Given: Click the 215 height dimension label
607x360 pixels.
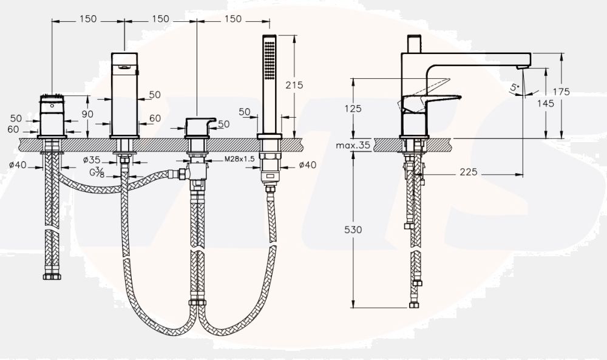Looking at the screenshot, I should click(294, 86).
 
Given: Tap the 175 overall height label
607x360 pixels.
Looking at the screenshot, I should click(561, 92).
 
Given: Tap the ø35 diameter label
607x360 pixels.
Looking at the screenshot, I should click(92, 160).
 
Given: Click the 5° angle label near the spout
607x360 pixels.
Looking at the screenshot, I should click(515, 88).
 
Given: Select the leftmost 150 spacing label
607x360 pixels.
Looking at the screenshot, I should click(88, 19).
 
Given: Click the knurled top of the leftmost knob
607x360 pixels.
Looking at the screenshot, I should click(52, 98).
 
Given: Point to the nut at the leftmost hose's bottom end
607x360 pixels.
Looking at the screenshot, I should click(52, 277).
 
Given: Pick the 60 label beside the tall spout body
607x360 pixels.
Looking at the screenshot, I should click(155, 119).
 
